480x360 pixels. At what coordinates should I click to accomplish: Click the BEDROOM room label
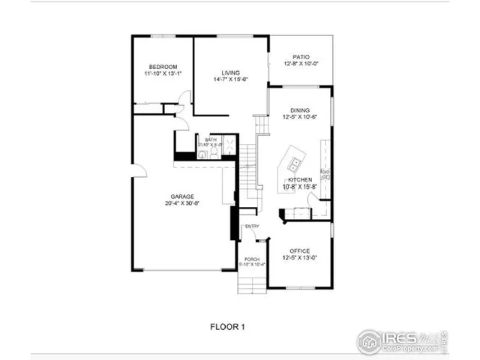pyautogui.click(x=162, y=66)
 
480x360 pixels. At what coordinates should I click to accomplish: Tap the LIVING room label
pyautogui.click(x=230, y=72)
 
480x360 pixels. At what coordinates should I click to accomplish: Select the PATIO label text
pyautogui.click(x=301, y=56)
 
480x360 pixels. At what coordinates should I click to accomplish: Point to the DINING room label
pyautogui.click(x=300, y=110)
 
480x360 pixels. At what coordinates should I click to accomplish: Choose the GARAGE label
pyautogui.click(x=182, y=196)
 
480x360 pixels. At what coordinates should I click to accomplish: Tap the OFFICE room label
pyautogui.click(x=299, y=250)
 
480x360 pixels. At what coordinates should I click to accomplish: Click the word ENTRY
pyautogui.click(x=252, y=226)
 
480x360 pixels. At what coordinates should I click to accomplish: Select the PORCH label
pyautogui.click(x=251, y=259)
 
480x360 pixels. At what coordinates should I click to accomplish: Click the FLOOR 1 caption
pyautogui.click(x=227, y=326)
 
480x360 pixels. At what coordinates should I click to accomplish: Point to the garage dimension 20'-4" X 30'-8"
pyautogui.click(x=182, y=203)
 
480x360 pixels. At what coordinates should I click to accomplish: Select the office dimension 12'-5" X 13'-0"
pyautogui.click(x=299, y=258)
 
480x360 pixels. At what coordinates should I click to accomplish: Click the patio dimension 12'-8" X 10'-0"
pyautogui.click(x=301, y=64)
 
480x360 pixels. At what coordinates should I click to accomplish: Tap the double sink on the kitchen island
pyautogui.click(x=295, y=162)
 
